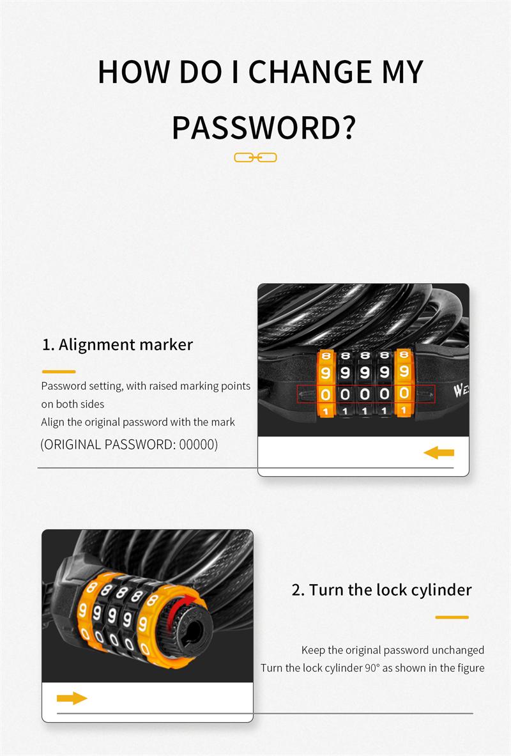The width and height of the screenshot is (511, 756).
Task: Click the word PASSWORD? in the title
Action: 264,128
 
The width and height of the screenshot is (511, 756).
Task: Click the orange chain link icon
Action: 256,158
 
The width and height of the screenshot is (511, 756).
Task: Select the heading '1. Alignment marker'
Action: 118,344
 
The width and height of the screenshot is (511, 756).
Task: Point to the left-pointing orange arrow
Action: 439,452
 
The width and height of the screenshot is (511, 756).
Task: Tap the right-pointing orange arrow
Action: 72,698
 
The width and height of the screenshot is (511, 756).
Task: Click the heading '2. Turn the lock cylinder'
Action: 381,590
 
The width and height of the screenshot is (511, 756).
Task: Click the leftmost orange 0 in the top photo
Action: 326,394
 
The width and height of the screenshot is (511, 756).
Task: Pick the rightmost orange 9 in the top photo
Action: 404,371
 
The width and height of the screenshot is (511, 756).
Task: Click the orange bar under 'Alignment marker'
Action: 59,372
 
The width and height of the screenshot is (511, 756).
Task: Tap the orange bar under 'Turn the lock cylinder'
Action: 452,617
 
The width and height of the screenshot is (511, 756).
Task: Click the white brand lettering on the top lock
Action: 461,390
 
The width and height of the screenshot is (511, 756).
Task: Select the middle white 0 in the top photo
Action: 365,394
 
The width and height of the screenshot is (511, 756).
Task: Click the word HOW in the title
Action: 133,72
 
